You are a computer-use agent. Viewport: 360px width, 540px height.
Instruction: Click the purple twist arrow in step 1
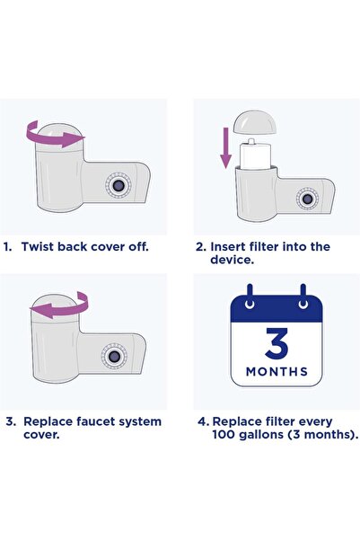point(51,137)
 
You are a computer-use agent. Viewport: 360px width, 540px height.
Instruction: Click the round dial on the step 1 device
point(117,184)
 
